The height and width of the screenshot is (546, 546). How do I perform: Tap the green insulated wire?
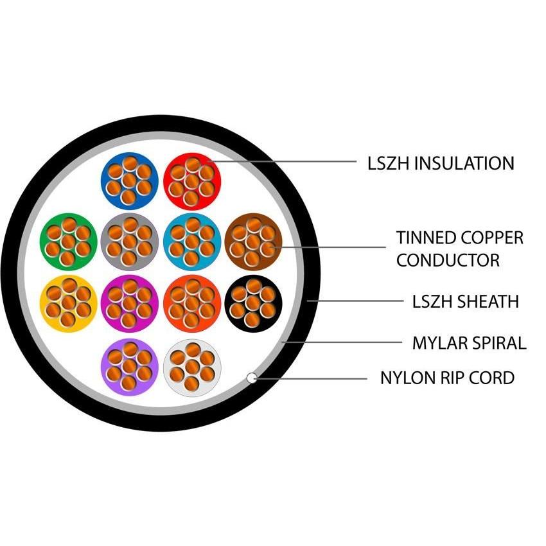click(x=67, y=240)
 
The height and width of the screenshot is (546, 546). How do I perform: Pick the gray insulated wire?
click(x=129, y=240)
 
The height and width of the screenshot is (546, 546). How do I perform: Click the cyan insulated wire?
click(x=192, y=240)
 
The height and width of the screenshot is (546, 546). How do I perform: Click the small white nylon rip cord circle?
click(x=252, y=378)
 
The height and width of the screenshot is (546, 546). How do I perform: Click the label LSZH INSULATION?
click(x=441, y=163)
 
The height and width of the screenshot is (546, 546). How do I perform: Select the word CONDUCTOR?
click(x=448, y=260)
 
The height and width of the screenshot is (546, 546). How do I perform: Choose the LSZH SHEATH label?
click(x=465, y=301)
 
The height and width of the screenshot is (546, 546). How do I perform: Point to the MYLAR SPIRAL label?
click(x=469, y=343)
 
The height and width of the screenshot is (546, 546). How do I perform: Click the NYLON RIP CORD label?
click(x=447, y=378)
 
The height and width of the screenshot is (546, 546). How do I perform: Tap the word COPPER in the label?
click(x=491, y=238)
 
